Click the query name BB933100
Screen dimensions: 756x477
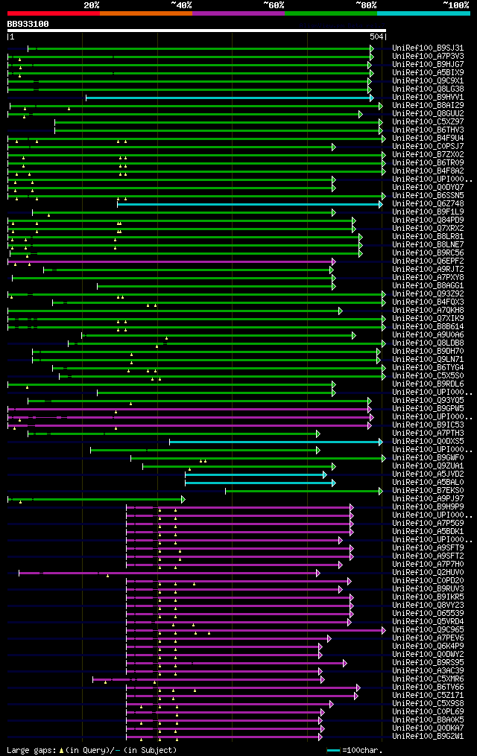28,24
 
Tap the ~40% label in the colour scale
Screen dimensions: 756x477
181,4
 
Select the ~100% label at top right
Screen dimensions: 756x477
455,4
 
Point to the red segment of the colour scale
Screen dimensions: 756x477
53,13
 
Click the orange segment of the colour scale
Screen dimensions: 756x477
145,13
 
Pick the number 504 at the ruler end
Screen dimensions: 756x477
376,36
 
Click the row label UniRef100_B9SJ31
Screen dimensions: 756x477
429,48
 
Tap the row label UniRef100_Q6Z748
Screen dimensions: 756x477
429,204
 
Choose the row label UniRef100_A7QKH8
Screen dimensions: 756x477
429,311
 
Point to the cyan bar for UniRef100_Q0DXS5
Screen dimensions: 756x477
275,442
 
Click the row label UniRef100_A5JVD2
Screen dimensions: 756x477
429,474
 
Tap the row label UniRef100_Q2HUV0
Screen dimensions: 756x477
429,573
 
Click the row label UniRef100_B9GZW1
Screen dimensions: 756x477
429,737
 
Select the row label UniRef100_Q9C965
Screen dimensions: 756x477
429,630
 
